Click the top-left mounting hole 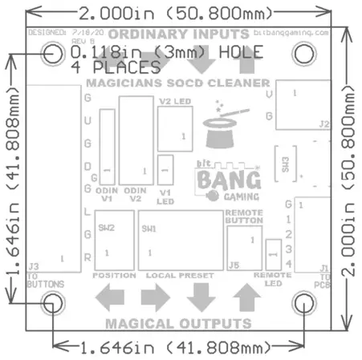click(55, 54)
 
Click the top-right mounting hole click(306, 54)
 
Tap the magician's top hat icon click(221, 132)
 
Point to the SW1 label click(148, 228)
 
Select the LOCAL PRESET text click(180, 275)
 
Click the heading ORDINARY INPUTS click(178, 34)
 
